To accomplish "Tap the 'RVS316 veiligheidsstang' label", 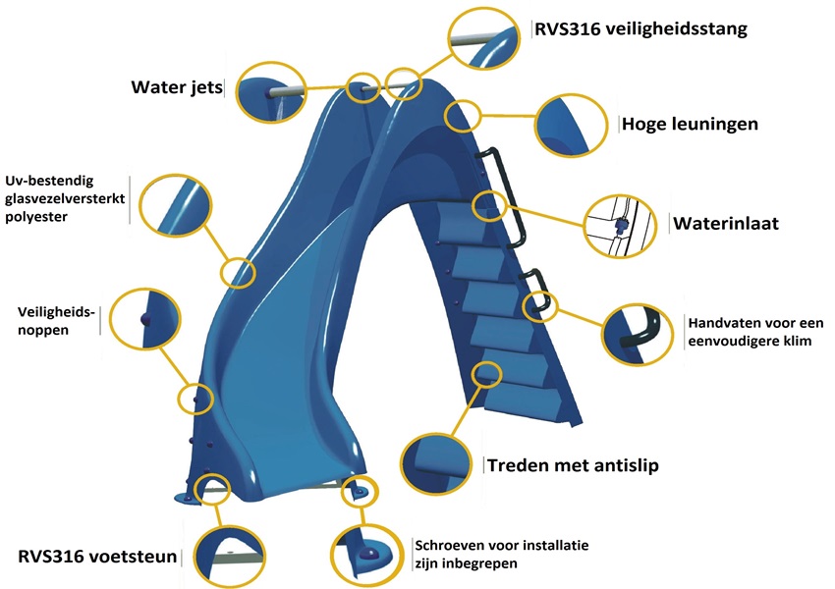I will (x=641, y=27).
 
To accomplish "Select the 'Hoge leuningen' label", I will (x=690, y=125).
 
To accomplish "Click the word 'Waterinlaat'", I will (x=726, y=223).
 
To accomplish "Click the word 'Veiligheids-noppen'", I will (x=55, y=320).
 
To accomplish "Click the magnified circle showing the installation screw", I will (x=370, y=555).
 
